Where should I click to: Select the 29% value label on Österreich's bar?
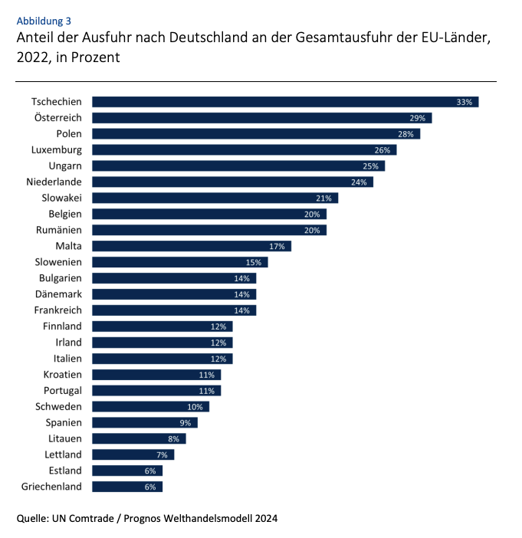tap(417, 118)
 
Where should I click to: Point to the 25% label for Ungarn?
tap(370, 166)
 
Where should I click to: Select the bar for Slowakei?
tap(215, 198)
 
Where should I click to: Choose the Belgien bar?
tap(208, 215)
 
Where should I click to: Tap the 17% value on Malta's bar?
tap(277, 247)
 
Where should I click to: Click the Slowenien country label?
tap(58, 262)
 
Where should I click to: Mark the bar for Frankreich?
tap(173, 310)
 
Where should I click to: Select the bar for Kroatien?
tap(156, 375)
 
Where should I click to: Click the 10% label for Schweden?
tap(195, 407)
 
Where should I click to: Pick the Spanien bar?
tap(144, 423)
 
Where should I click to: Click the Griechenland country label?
tap(52, 487)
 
